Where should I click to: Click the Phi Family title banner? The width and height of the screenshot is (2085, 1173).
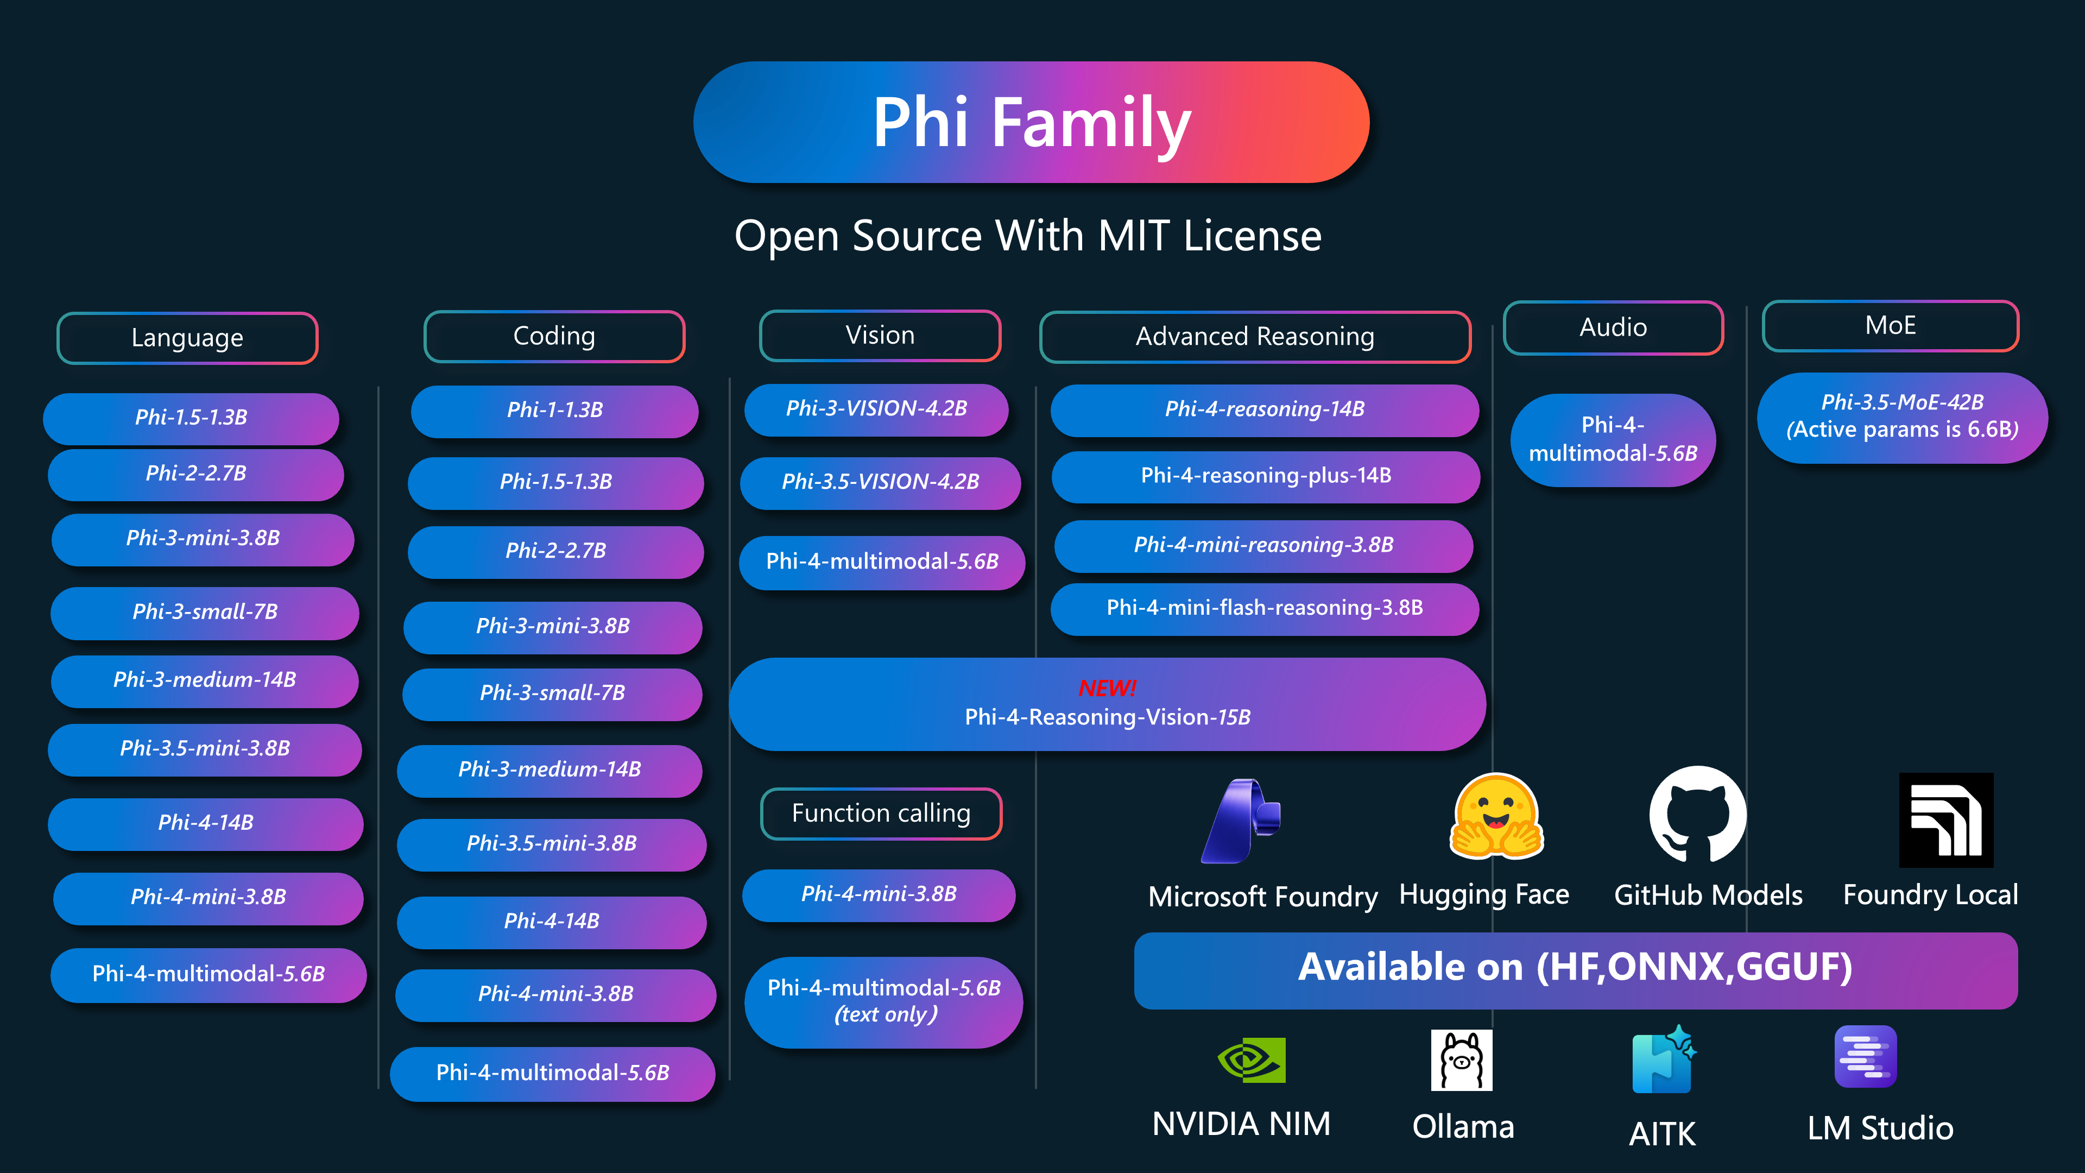pos(1031,122)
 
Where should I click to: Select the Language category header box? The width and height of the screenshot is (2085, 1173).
pos(187,338)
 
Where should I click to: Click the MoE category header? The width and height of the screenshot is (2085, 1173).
pos(1890,325)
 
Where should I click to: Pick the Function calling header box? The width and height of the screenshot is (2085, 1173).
pos(881,813)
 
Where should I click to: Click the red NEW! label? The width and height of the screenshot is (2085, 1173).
pos(1107,688)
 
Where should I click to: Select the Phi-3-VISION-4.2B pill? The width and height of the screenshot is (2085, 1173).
pos(876,409)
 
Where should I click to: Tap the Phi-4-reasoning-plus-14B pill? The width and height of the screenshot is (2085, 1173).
pos(1265,476)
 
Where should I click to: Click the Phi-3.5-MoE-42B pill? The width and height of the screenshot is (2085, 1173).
pos(1901,417)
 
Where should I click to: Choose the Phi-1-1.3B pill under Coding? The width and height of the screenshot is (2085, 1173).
pos(554,411)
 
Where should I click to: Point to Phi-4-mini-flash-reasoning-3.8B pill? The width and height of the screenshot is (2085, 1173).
pos(1264,608)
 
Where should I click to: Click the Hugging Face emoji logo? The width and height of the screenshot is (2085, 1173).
pos(1496,817)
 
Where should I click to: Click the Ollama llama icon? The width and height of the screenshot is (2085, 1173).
pos(1461,1061)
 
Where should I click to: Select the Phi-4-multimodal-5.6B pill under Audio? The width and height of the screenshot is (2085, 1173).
pos(1612,439)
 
